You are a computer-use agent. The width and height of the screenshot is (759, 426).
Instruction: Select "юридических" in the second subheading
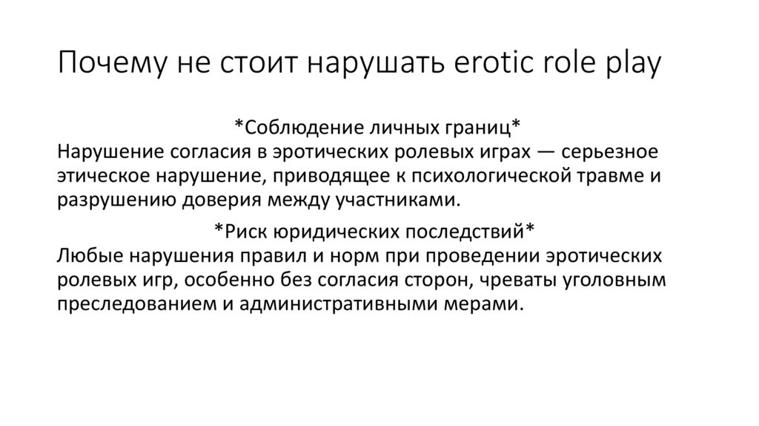(328, 231)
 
